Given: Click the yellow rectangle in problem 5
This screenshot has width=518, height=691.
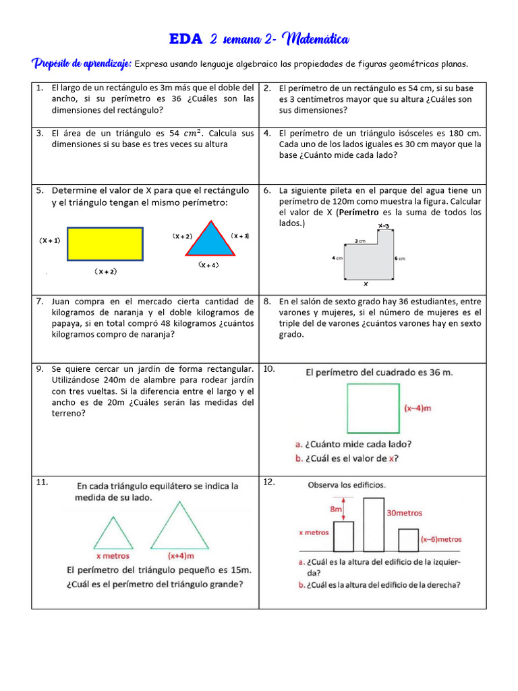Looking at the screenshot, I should click(104, 244).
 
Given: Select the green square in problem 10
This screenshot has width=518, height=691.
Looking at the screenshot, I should click(372, 408).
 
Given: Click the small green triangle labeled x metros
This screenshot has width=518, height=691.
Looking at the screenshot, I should click(113, 534).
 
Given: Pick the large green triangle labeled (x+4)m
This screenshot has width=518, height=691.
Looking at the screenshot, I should click(179, 529).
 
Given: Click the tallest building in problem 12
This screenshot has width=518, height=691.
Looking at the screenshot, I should click(373, 524).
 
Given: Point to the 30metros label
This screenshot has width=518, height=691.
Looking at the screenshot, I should click(405, 513).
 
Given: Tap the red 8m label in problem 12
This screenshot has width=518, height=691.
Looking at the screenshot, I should click(335, 509).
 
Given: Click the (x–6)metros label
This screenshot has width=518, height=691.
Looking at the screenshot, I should click(441, 539).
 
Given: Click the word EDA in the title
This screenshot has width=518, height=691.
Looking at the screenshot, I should click(185, 39).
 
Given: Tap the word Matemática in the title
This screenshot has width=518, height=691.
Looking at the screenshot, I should click(315, 39).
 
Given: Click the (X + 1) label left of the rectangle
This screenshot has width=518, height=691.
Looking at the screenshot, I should click(50, 240).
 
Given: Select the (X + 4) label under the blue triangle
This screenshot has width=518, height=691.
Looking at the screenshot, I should click(208, 265).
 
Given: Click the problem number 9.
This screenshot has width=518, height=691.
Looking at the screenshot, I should click(40, 368).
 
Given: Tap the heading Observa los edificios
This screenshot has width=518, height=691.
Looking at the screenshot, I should click(347, 485).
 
